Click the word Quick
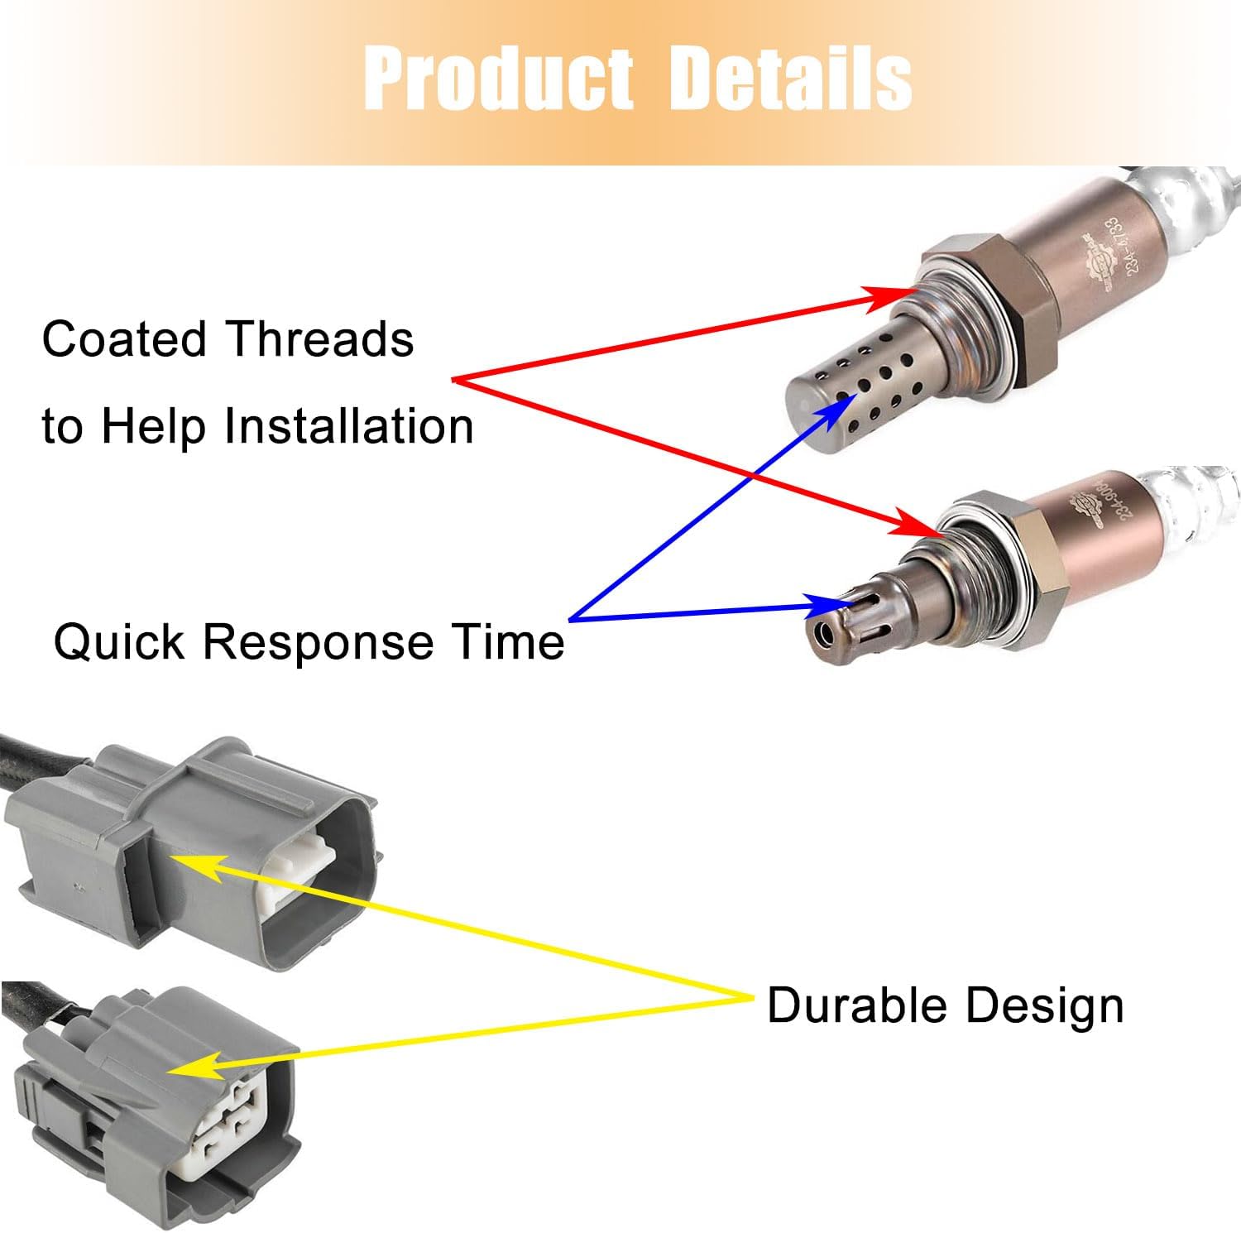(119, 641)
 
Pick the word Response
(318, 643)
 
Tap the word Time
(507, 641)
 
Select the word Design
(1047, 1007)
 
